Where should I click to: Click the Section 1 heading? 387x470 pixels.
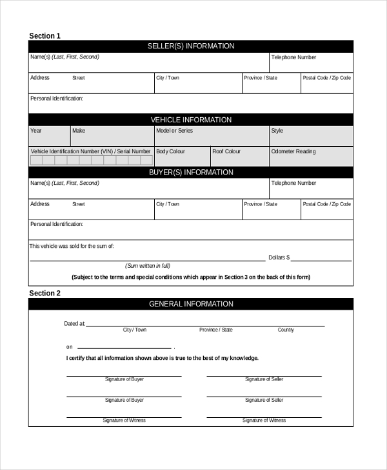[x=45, y=36]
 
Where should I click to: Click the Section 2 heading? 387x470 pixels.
[x=45, y=293]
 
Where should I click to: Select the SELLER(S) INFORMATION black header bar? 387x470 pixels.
[x=191, y=46]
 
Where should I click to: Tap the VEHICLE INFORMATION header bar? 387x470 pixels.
[x=191, y=120]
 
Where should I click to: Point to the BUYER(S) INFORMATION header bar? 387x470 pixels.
[x=191, y=173]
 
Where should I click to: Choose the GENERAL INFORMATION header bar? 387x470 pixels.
[x=191, y=304]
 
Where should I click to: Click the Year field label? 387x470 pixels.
[x=36, y=131]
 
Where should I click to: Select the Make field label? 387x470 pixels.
[x=79, y=131]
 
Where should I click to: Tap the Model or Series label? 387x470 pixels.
[x=174, y=131]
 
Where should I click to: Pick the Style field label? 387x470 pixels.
[x=277, y=131]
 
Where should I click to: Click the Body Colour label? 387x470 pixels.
[x=170, y=151]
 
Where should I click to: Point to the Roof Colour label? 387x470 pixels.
[x=226, y=151]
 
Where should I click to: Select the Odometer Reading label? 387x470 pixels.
[x=293, y=151]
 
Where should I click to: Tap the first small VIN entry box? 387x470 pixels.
[x=37, y=160]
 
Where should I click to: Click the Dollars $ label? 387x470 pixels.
[x=279, y=258]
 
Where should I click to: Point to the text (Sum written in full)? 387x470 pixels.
[x=148, y=266]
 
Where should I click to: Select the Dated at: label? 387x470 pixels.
[x=74, y=324]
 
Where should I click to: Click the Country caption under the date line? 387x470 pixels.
[x=286, y=330]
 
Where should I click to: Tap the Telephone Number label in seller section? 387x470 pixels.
[x=293, y=57]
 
